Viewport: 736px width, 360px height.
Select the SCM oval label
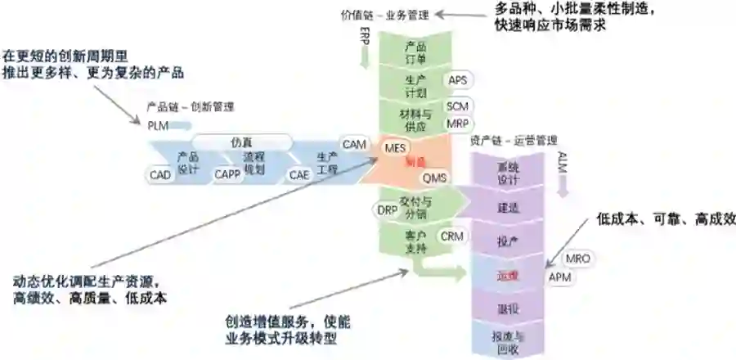pos(457,107)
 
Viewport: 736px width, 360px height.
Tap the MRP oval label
pos(457,124)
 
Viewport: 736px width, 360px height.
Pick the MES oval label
pos(396,148)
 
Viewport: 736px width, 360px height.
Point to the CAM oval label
pos(354,145)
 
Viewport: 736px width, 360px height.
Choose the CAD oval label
pos(160,174)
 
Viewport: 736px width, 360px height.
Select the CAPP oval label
pos(227,174)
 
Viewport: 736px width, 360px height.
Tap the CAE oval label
pos(298,174)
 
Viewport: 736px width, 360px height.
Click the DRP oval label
pos(387,210)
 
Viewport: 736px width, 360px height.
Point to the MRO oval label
pos(578,259)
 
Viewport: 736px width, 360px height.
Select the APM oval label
pos(559,277)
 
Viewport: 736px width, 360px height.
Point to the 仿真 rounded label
pos(238,141)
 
